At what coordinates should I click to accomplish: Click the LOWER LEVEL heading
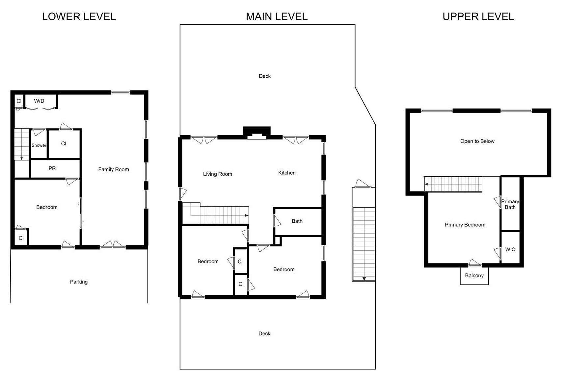(79, 16)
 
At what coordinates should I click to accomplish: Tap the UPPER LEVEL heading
(478, 16)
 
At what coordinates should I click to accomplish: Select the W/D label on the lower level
(39, 101)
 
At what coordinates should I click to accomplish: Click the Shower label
(39, 145)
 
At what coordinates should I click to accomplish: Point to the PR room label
(52, 168)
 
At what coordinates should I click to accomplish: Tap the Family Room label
(114, 169)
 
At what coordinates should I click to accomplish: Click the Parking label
(79, 282)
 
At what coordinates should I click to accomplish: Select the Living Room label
(218, 174)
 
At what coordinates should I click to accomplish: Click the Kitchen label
(287, 173)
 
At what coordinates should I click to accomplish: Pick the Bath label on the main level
(297, 221)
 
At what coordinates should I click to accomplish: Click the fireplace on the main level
(257, 133)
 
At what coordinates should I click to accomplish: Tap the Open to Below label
(477, 141)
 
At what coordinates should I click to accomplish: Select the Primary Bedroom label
(465, 225)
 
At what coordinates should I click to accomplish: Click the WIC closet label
(510, 250)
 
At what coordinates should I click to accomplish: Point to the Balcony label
(474, 276)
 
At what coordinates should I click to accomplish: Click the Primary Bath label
(510, 204)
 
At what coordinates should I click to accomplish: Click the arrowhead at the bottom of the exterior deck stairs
(364, 279)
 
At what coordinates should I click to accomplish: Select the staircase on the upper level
(453, 184)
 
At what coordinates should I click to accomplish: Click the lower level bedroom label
(47, 207)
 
